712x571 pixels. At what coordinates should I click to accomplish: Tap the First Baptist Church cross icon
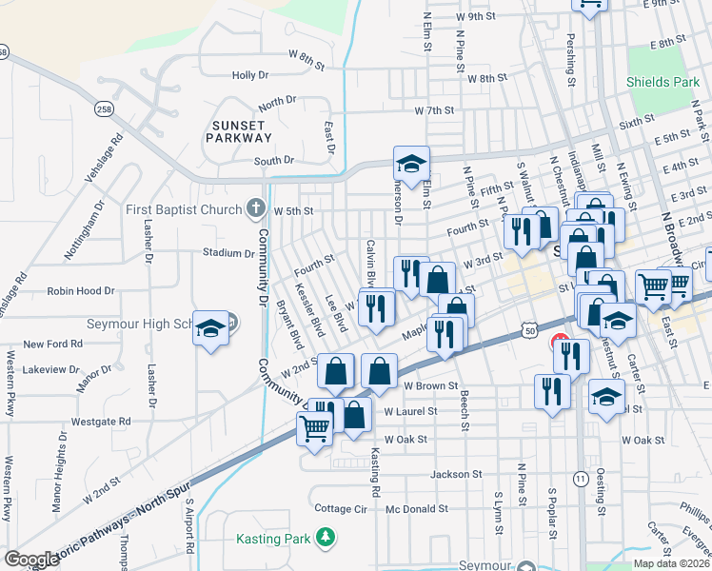pos(254,207)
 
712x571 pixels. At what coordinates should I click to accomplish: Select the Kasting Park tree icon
pos(326,538)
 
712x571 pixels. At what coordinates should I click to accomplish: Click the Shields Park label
pos(656,82)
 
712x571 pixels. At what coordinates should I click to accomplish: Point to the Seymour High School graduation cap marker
pos(210,329)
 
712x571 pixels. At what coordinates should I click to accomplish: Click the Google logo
pos(31,559)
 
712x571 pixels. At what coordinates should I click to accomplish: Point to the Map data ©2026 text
pos(671,562)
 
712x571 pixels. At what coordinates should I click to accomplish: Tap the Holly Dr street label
pos(250,74)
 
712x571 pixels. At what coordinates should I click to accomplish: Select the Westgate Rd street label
pos(100,421)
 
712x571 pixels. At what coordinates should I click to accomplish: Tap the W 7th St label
pos(434,110)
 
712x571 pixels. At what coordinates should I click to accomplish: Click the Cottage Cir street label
pos(341,509)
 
